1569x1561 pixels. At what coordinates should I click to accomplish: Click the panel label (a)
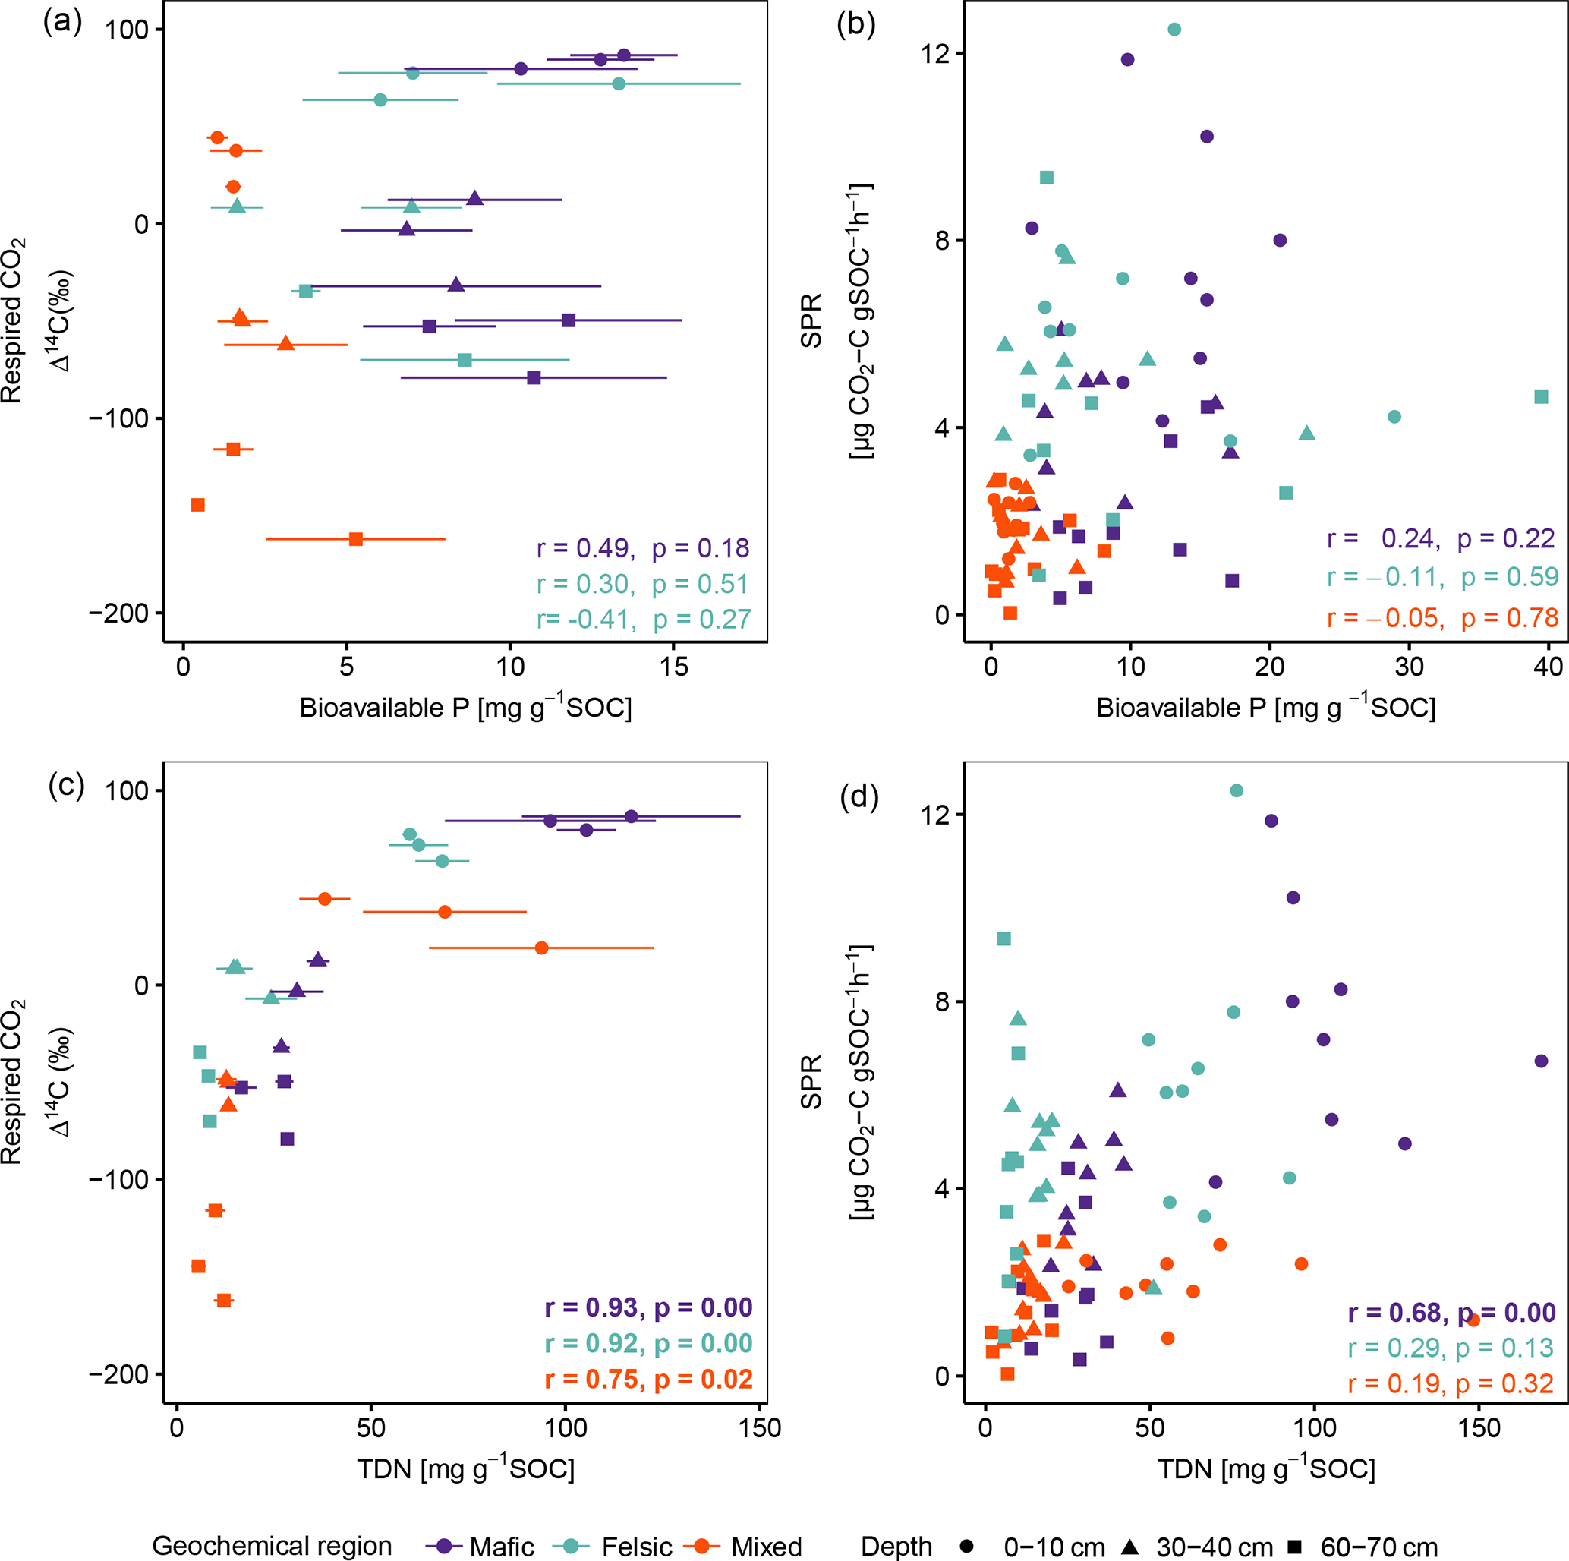62,22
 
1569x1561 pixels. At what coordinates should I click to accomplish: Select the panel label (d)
859,796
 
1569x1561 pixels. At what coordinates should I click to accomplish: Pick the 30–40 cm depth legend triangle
1129,1546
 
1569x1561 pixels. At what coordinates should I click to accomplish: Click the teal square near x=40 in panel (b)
1541,397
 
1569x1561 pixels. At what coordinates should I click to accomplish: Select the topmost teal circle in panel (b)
1174,30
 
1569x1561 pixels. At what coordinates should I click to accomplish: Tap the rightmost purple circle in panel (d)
1541,1061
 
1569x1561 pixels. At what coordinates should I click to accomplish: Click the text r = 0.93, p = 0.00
648,1307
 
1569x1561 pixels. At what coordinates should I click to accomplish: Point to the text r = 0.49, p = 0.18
642,548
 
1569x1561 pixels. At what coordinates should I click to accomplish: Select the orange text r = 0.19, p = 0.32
1451,1383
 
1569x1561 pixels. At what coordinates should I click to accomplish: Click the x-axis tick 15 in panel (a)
673,667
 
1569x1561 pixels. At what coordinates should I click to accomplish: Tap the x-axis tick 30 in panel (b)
1409,667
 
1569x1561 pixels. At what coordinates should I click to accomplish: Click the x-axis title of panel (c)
465,1468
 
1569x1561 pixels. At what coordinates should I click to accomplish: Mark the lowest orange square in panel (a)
356,538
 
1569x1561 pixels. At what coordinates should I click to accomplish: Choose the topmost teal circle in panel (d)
1236,791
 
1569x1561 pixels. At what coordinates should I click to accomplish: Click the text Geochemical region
271,1546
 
